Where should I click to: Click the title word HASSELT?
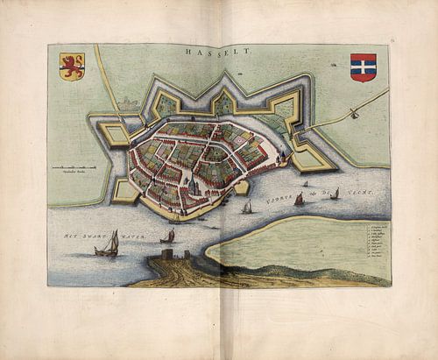point(218,53)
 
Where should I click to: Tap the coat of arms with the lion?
point(72,67)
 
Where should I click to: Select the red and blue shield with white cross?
point(363,67)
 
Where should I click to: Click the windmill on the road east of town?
point(354,112)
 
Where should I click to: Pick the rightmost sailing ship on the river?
point(334,194)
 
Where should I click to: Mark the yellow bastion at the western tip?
point(114,134)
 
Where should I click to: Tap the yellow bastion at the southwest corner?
point(124,192)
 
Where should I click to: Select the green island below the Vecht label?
point(289,245)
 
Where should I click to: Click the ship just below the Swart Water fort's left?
point(168,236)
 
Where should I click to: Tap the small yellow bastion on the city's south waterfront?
point(241,187)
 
